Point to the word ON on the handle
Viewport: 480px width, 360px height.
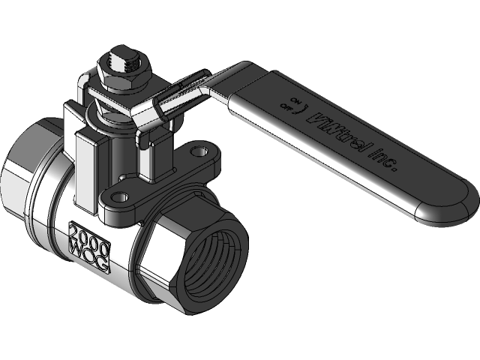pyautogui.click(x=295, y=98)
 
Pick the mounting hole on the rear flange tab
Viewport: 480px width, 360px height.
pyautogui.click(x=198, y=151)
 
